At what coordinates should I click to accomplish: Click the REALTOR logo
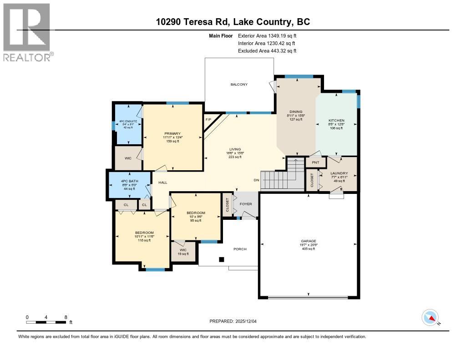click(27, 32)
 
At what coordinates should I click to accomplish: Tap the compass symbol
click(430, 318)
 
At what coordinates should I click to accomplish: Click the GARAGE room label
click(308, 241)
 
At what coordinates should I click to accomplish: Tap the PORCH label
click(240, 249)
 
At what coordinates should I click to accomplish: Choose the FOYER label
click(246, 204)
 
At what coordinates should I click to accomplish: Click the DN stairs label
click(256, 180)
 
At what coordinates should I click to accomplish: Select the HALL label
click(162, 183)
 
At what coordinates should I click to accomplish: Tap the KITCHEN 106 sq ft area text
click(337, 128)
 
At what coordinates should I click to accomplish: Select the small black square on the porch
click(222, 259)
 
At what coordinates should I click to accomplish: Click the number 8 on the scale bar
click(66, 317)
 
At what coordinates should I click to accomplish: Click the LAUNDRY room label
click(339, 173)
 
